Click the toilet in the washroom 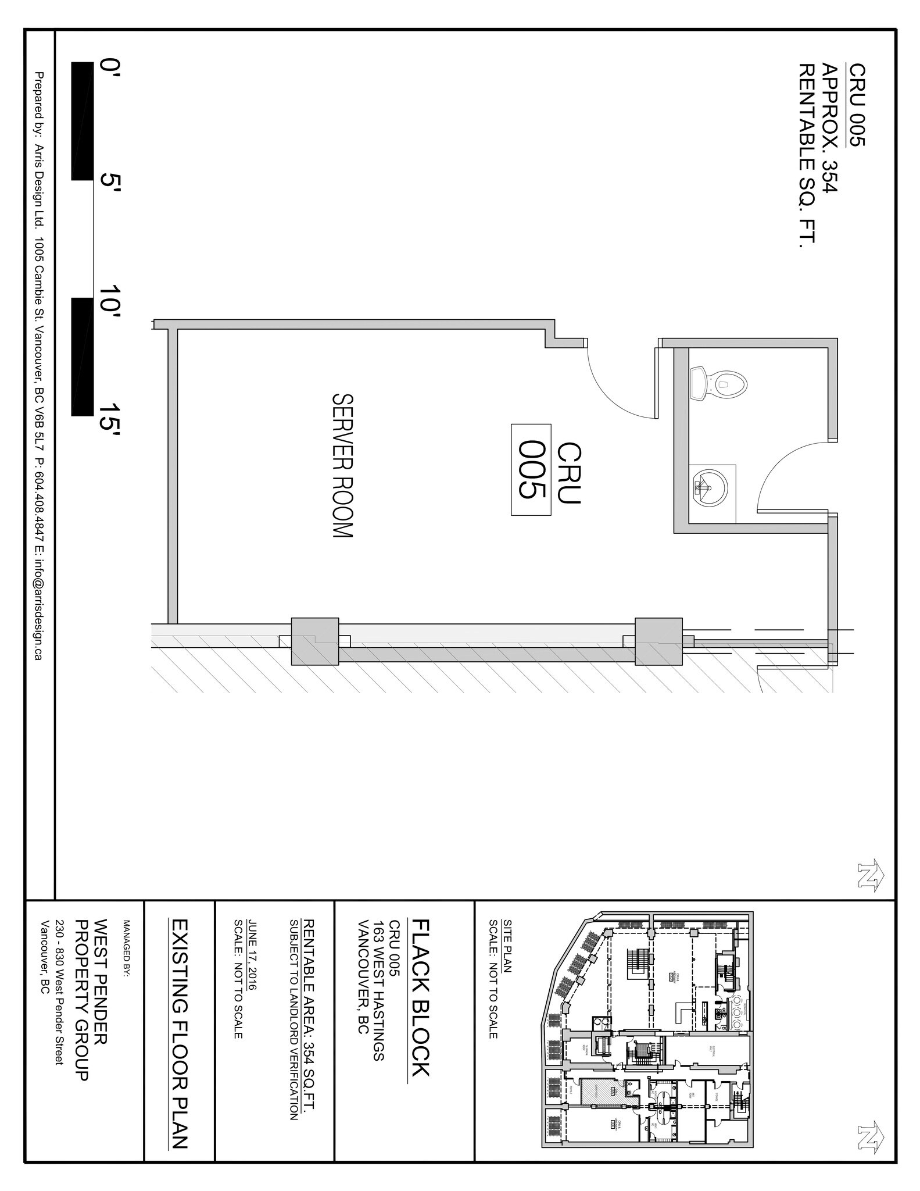(x=718, y=383)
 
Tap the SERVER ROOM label (x=342, y=466)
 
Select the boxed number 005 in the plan (x=531, y=469)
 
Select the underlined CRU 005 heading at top (x=857, y=104)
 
